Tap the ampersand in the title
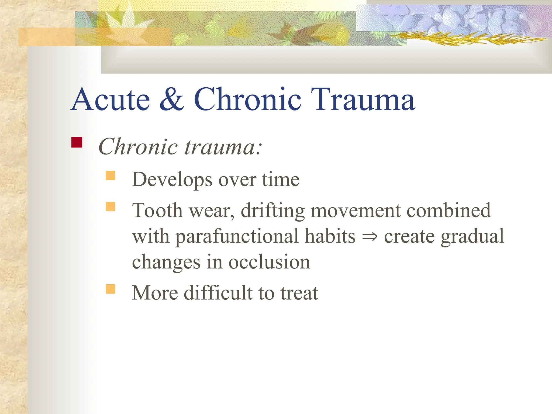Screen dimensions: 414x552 [172, 100]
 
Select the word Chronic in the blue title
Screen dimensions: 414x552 [247, 100]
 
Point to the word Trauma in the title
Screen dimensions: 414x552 [363, 100]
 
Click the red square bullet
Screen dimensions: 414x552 [77, 142]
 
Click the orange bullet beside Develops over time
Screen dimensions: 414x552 [110, 175]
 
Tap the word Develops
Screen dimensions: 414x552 [172, 180]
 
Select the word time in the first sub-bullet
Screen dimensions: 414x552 [281, 180]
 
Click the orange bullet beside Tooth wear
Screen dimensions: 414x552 [110, 207]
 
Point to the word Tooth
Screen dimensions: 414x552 [157, 211]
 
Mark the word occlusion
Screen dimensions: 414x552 [269, 262]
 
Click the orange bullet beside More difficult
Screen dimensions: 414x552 [110, 289]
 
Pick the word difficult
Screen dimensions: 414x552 [218, 293]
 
